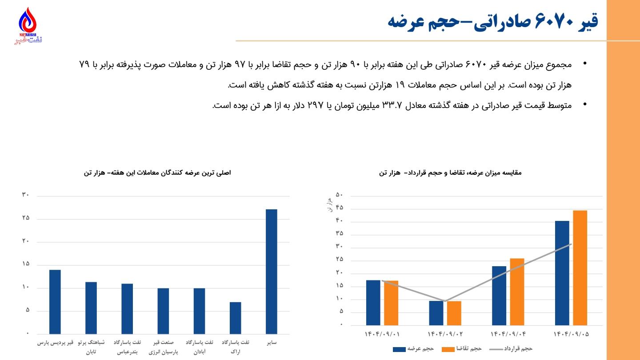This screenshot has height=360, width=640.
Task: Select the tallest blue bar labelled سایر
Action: tap(272, 271)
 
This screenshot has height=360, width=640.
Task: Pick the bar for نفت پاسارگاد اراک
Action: tap(236, 318)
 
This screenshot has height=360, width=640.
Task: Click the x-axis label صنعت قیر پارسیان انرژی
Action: tap(163, 347)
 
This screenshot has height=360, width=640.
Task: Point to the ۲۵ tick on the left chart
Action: tap(25, 218)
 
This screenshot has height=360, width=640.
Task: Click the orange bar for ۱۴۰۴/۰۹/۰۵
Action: tap(580, 267)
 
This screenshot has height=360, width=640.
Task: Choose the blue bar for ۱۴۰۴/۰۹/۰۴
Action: tap(499, 295)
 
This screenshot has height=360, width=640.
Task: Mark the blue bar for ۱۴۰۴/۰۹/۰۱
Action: tap(373, 302)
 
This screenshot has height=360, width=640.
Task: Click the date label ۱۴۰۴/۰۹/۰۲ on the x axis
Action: tap(445, 333)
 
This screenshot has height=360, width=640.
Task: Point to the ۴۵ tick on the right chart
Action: tap(340, 208)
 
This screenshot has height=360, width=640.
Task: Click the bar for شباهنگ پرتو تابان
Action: tap(91, 308)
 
